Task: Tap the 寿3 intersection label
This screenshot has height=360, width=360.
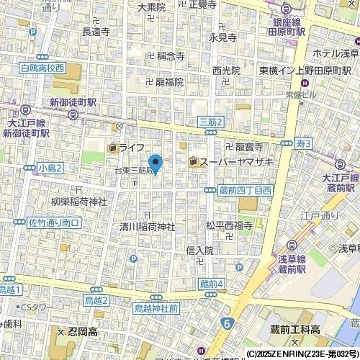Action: [303, 145]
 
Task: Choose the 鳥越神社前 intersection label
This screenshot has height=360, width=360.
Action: [156, 308]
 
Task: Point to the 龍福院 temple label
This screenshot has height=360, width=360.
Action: [169, 82]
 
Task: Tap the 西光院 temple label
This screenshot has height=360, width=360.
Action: [226, 71]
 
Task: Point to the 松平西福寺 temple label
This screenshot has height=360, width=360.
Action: [228, 225]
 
